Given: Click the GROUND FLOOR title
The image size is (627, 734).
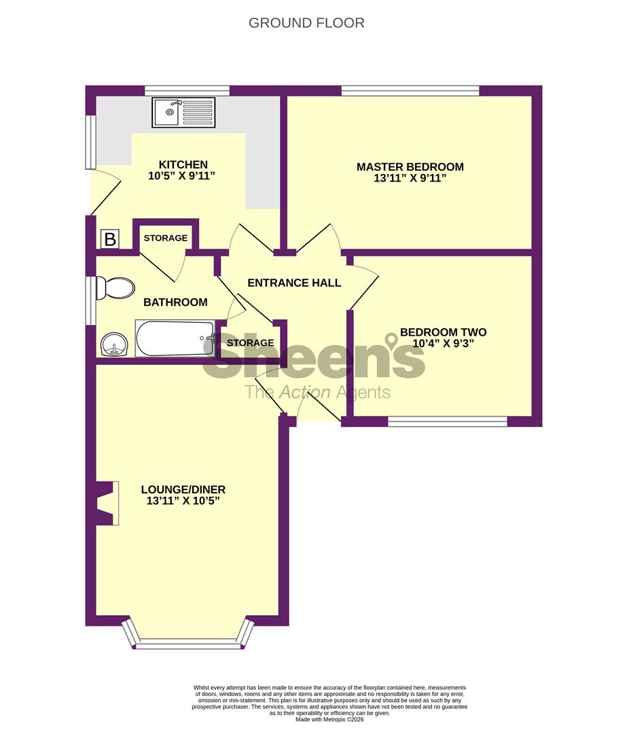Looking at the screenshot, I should (306, 23).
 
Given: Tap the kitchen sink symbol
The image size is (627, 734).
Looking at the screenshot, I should (183, 112).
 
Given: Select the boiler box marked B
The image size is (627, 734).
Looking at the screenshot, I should (109, 239).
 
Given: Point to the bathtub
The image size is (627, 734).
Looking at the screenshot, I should (175, 338).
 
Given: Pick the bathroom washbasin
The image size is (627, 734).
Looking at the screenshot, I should (115, 345).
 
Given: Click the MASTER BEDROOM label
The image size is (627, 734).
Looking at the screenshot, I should (410, 167).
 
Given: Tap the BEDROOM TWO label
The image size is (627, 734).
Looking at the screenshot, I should (443, 332).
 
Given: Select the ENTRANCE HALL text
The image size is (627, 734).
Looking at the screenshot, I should (294, 283).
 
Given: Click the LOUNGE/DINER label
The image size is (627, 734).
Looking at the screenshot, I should (183, 489).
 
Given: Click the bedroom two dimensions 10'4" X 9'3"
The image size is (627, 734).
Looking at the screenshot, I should (443, 343).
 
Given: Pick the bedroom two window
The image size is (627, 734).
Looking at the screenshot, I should (448, 422).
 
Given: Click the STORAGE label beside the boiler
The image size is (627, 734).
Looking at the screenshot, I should (165, 239).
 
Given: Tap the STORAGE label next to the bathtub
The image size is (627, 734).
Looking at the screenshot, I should (250, 343).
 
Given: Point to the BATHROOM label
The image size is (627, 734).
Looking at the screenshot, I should (175, 302).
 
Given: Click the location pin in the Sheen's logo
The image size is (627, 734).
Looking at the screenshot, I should (391, 339).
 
